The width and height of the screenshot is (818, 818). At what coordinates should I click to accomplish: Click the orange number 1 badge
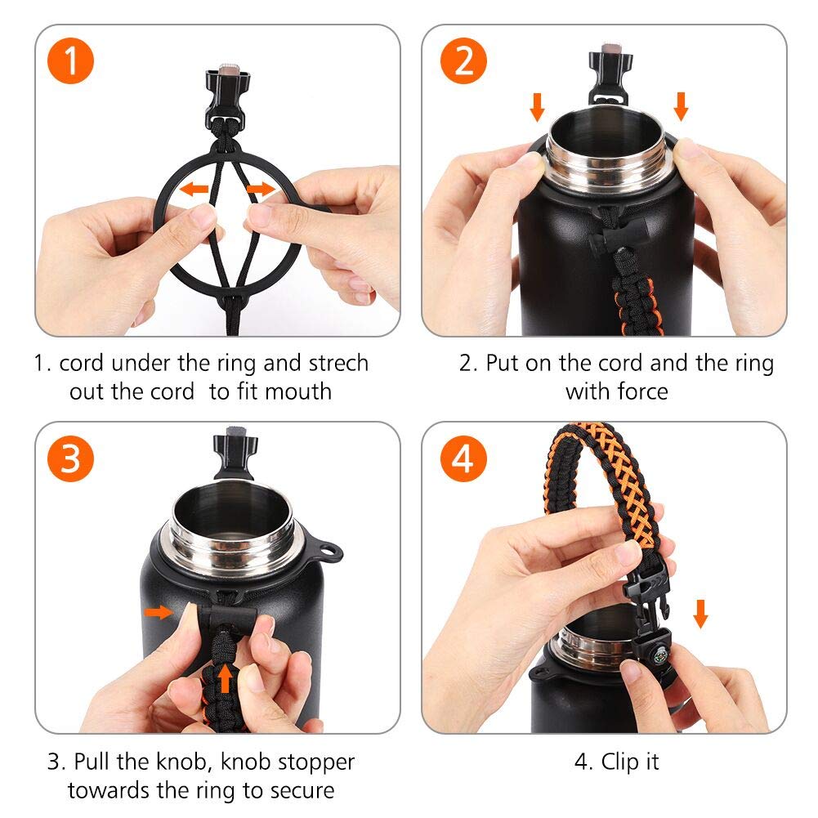point(70,61)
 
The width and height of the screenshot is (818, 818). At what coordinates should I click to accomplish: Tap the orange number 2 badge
point(463,61)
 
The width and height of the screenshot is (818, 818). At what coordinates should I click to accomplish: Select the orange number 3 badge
point(70,458)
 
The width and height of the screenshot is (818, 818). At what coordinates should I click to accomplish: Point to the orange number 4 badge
point(463,458)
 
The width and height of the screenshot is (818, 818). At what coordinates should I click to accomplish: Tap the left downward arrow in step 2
point(537,107)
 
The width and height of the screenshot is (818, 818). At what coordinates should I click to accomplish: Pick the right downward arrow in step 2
point(681,106)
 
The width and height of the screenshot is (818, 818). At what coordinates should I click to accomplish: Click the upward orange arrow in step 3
point(225,677)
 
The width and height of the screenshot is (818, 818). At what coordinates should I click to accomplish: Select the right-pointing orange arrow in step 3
point(159,611)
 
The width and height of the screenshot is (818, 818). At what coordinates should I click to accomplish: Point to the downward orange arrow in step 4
point(700,614)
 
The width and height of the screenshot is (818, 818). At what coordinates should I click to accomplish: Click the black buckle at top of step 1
point(227,98)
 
